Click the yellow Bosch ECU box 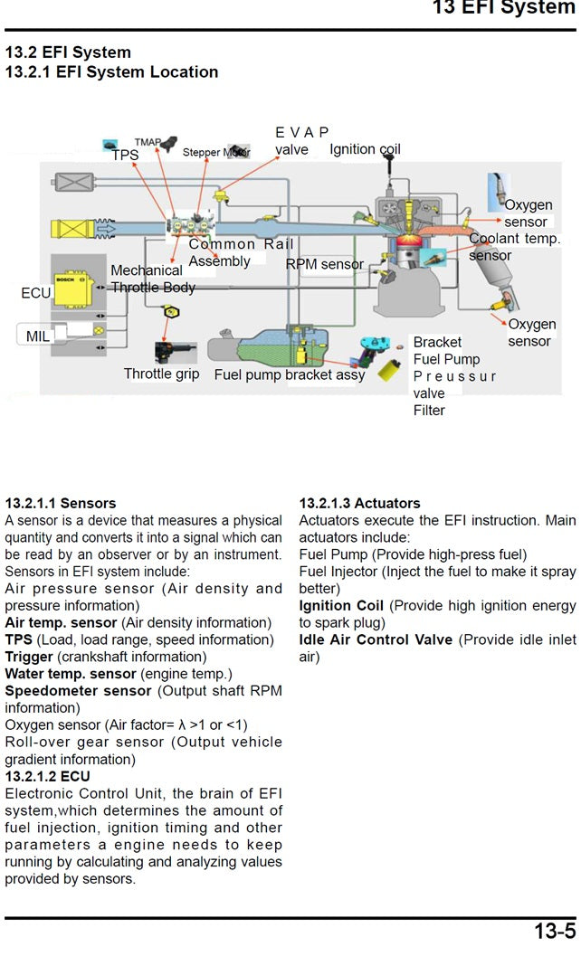coord(74,290)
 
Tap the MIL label coord(38,336)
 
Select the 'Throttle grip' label coord(161,374)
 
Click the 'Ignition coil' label coord(365,149)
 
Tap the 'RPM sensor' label coord(324,264)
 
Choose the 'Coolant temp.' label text coord(514,239)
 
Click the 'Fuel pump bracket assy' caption coord(290,374)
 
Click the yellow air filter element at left coord(72,229)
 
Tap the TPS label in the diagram coord(125,156)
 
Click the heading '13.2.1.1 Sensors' coord(61,503)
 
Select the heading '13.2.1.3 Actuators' coord(359,503)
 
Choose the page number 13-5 coord(554,932)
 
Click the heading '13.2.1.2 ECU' coord(47,776)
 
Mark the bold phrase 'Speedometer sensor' coord(79,691)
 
